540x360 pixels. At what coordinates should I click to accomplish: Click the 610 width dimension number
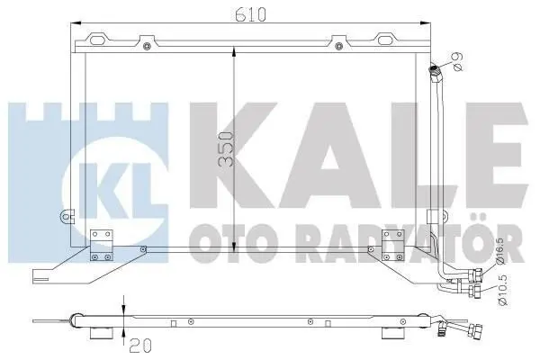[250, 13]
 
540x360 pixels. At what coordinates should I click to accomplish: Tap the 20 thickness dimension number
[140, 346]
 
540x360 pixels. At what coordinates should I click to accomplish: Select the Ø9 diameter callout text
[458, 61]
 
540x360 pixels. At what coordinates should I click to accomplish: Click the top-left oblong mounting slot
[96, 40]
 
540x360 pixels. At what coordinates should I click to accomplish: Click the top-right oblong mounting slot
[384, 40]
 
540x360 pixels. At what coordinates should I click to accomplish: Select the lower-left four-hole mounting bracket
[102, 246]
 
